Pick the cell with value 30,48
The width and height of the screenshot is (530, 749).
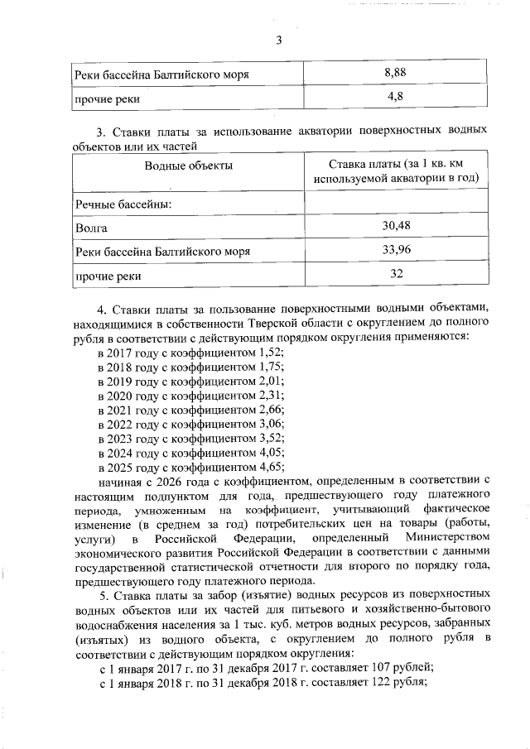click(x=396, y=225)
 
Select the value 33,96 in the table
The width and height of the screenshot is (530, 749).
click(x=396, y=249)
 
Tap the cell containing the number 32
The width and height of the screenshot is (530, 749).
click(x=396, y=274)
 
